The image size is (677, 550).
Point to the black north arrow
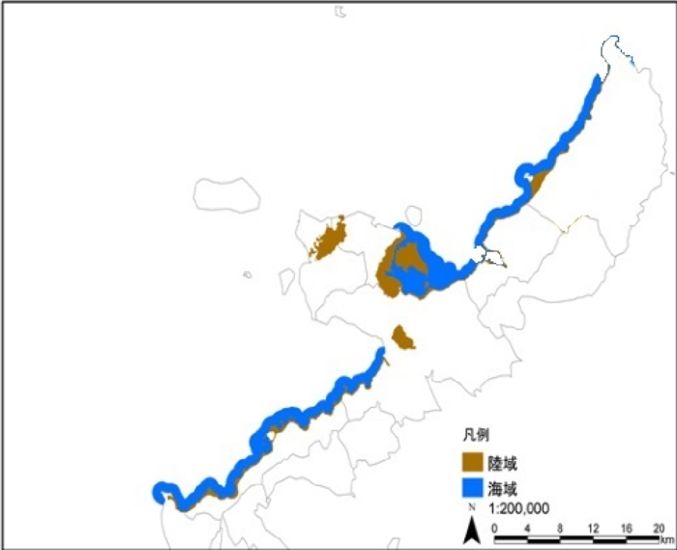pyautogui.click(x=473, y=530)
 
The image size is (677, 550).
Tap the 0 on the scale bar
pyautogui.click(x=494, y=528)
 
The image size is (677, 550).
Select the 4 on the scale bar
pyautogui.click(x=527, y=528)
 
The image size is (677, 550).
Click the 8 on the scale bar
pyautogui.click(x=561, y=528)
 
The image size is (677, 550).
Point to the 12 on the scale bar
pyautogui.click(x=593, y=528)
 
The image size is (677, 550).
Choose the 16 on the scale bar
pyautogui.click(x=627, y=528)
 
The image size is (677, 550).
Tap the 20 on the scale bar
pyautogui.click(x=659, y=528)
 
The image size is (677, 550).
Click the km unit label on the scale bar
pyautogui.click(x=667, y=538)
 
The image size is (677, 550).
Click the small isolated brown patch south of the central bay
pyautogui.click(x=402, y=338)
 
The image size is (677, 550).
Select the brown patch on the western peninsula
pyautogui.click(x=329, y=239)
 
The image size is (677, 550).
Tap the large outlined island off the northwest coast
pyautogui.click(x=226, y=193)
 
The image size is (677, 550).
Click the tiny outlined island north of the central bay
pyautogui.click(x=414, y=215)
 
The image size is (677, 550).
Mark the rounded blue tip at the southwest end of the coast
pyautogui.click(x=161, y=492)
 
